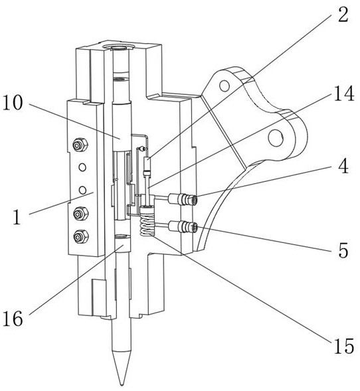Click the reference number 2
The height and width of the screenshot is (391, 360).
pos(343,15)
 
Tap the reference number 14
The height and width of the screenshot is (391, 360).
pos(344,93)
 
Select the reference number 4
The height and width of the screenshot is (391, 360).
pos(343,166)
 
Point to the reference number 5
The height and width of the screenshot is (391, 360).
pos(343,250)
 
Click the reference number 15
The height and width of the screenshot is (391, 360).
pos(344,346)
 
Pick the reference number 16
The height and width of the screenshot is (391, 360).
pos(13,319)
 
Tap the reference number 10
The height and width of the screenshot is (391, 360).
pos(13,103)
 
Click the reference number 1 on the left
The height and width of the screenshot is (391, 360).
pos(17,217)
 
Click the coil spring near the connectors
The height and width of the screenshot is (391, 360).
pos(147,222)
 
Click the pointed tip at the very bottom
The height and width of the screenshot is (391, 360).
pos(122,384)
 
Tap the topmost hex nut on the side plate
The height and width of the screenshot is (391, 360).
pos(80,145)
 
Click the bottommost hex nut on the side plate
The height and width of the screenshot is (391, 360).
pos(81,236)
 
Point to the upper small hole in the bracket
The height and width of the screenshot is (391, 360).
pos(225,86)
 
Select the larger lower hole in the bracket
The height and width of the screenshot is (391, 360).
pos(276,138)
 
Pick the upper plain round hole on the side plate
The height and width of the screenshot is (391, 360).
pos(82,167)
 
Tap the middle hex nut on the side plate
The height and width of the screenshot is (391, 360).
pos(81,214)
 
